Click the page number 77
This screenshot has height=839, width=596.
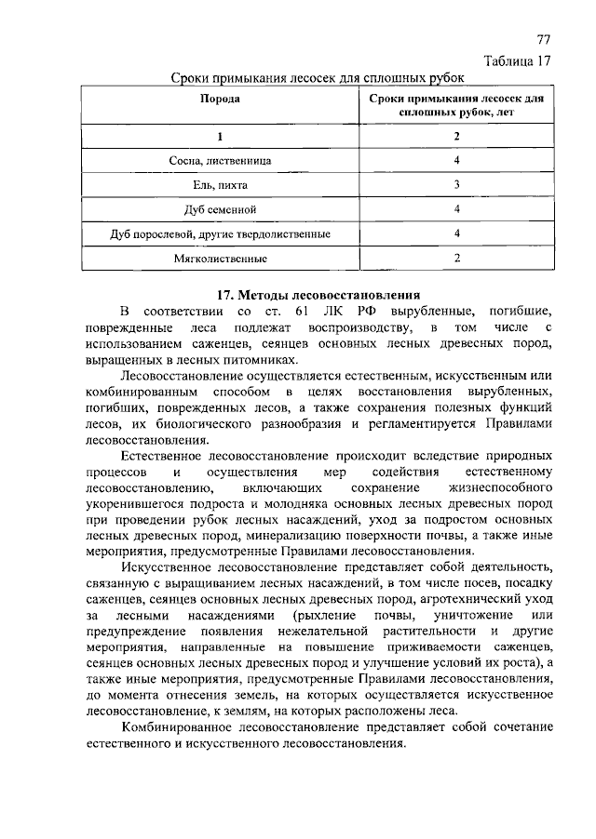tap(544, 40)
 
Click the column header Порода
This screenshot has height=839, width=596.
tap(220, 98)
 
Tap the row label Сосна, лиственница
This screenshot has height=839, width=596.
tap(221, 160)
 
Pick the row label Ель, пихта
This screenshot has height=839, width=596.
tap(220, 185)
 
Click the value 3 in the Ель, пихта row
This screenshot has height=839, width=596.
tap(457, 184)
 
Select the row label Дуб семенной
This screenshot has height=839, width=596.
tap(220, 209)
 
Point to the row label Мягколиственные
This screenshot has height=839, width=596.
tap(220, 258)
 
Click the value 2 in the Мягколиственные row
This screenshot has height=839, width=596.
tap(457, 258)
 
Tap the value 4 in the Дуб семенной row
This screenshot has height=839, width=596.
tap(457, 209)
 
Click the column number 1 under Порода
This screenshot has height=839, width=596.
tap(220, 137)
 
